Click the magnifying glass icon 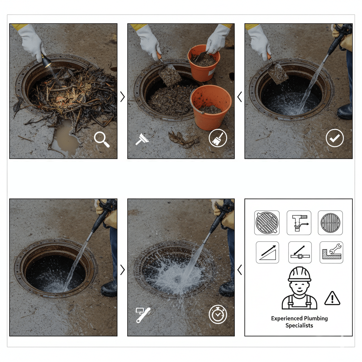tap(101, 139)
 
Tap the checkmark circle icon tap(335, 138)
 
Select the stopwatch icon tap(218, 314)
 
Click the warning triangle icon tap(332, 298)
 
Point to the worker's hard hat tap(299, 274)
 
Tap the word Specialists tap(299, 326)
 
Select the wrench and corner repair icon tap(331, 252)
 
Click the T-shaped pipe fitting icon tap(299, 223)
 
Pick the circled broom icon tap(218, 138)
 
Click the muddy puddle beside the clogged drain tap(65, 139)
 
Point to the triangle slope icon tap(267, 252)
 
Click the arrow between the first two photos tap(123, 97)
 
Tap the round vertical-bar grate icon tap(330, 223)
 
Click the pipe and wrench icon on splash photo tap(143, 315)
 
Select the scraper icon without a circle tap(142, 139)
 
